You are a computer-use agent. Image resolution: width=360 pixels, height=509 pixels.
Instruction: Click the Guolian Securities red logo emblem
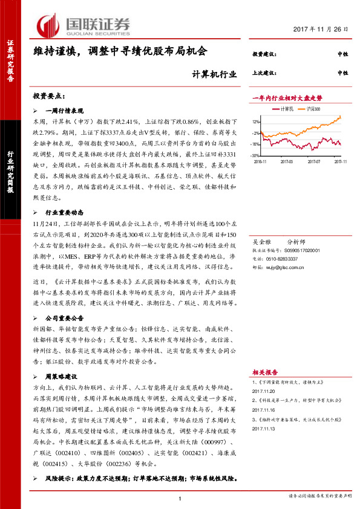[46, 25]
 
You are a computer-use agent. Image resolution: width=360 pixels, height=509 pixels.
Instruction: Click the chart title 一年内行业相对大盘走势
[287, 97]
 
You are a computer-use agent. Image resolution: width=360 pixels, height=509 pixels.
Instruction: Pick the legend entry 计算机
[287, 108]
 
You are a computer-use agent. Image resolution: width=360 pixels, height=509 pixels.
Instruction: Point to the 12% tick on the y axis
[256, 122]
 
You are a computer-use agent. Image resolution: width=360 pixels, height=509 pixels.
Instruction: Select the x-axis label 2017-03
[287, 161]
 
